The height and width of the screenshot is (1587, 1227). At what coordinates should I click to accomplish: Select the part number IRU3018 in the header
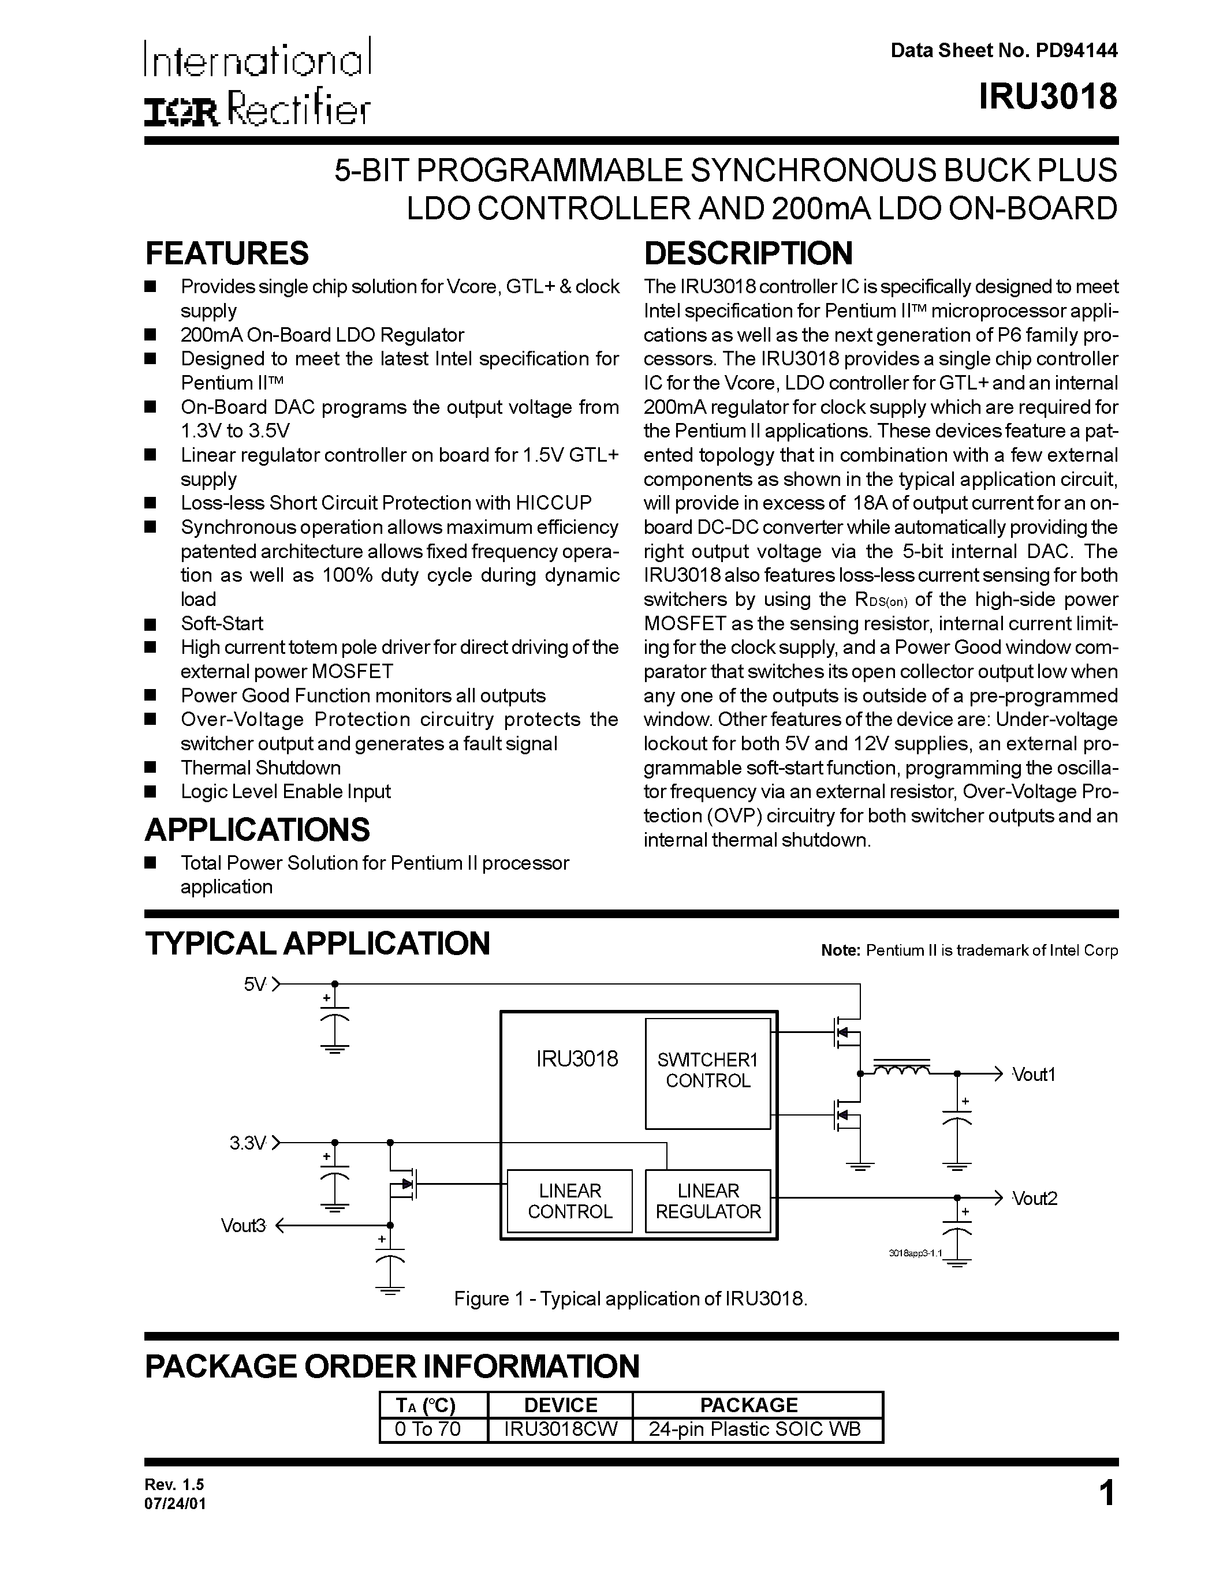(1047, 96)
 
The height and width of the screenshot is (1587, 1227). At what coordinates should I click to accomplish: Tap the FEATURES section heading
(227, 253)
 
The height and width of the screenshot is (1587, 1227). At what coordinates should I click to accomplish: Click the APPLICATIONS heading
(258, 829)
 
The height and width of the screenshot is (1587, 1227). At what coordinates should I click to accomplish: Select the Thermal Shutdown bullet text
(260, 768)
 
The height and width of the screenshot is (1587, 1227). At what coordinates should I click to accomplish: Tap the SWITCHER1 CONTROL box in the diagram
(707, 1071)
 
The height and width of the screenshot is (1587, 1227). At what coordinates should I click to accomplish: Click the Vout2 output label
(1034, 1198)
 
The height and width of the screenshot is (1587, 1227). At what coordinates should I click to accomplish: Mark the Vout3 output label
(244, 1225)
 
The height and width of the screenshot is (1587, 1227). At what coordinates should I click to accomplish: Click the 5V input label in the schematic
(255, 985)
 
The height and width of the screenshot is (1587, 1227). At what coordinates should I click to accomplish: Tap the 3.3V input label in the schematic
(248, 1143)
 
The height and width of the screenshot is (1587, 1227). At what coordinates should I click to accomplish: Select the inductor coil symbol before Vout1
(901, 1068)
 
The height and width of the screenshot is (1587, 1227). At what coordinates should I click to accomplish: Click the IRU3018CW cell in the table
(561, 1429)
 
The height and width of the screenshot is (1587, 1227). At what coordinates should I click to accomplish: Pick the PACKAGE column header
(749, 1405)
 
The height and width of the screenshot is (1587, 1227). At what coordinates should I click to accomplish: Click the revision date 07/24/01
(175, 1504)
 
